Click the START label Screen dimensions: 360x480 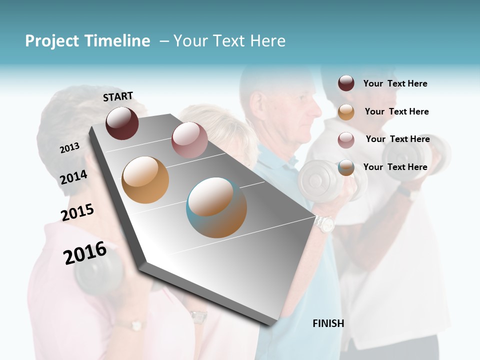click(x=118, y=96)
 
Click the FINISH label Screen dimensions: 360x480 click(x=328, y=323)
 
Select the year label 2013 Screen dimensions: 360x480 click(x=69, y=147)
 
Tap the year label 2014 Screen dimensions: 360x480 click(x=73, y=177)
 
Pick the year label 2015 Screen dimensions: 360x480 click(x=77, y=212)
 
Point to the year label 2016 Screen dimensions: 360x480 click(x=85, y=253)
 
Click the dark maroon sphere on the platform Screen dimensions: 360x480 click(x=122, y=123)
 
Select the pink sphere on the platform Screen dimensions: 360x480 click(x=189, y=140)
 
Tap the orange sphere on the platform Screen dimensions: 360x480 click(x=145, y=180)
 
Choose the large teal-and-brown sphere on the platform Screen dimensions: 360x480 click(x=216, y=207)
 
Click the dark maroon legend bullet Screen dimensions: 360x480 click(x=346, y=83)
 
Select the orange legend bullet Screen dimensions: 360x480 click(x=346, y=112)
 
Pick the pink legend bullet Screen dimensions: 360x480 click(x=346, y=139)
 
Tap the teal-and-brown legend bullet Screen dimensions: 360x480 click(x=346, y=167)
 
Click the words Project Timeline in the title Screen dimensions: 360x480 click(x=87, y=41)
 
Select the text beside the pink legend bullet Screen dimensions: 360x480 click(x=397, y=139)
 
